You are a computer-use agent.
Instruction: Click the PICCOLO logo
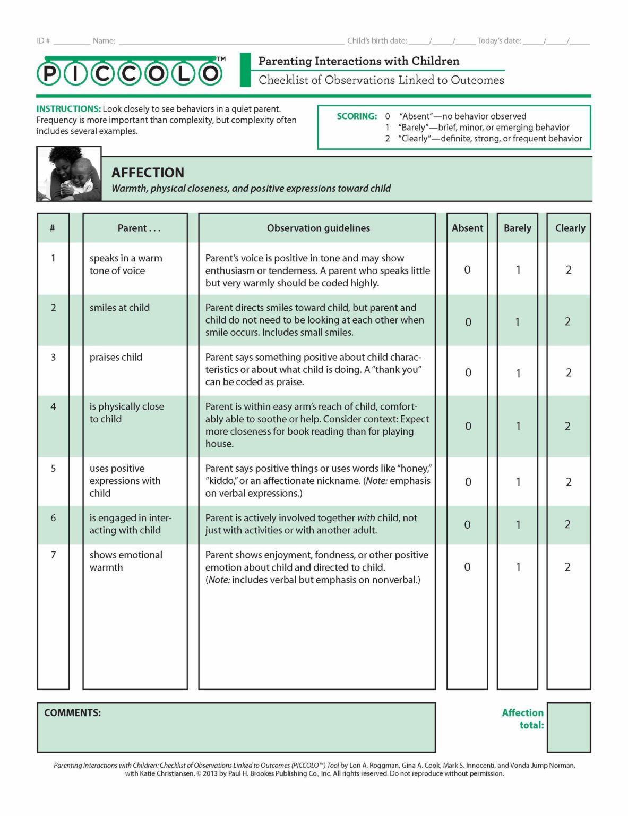(x=130, y=73)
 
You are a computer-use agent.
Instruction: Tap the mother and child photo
(x=69, y=174)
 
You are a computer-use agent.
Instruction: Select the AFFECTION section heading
(x=148, y=173)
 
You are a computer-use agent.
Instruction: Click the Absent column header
(x=467, y=228)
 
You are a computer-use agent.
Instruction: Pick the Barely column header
(x=517, y=228)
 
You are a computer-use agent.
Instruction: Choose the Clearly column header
(x=570, y=228)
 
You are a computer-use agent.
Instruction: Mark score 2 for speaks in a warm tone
(x=569, y=270)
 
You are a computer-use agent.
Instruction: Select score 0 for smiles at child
(x=468, y=322)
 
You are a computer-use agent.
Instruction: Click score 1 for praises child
(x=518, y=373)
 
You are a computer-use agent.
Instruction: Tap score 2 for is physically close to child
(x=567, y=426)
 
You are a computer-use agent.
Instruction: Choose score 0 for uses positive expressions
(x=468, y=482)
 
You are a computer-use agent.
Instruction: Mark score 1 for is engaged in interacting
(x=518, y=524)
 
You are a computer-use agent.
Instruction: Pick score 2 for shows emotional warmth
(x=567, y=567)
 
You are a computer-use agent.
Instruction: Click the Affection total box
(x=569, y=727)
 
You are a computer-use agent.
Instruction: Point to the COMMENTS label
(x=72, y=713)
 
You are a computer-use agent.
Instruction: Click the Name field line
(x=231, y=41)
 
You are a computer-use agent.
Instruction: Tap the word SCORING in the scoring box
(x=357, y=116)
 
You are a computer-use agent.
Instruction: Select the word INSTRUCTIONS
(x=68, y=109)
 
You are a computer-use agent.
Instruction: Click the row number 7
(x=53, y=555)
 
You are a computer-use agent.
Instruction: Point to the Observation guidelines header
(x=318, y=228)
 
